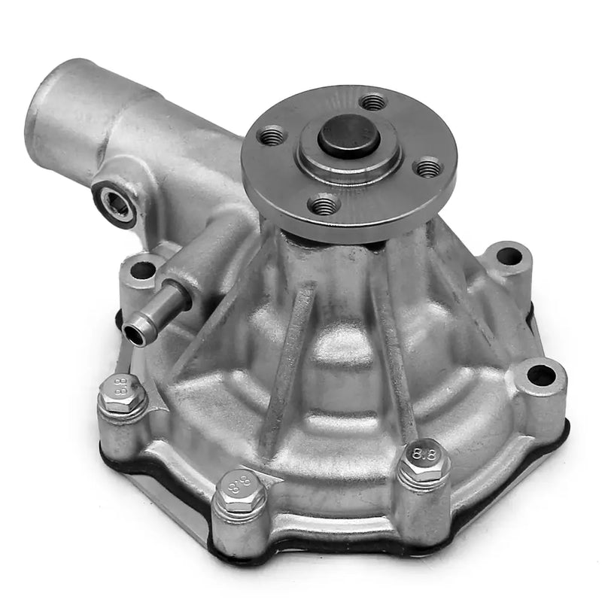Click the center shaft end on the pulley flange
[x=347, y=135]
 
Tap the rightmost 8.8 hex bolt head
[x=422, y=460]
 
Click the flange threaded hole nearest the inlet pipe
[x=272, y=136]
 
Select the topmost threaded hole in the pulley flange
[x=372, y=101]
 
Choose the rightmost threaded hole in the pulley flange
[x=428, y=167]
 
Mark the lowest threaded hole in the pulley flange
[x=325, y=203]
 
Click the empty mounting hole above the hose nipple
[x=142, y=268]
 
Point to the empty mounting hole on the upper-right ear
[x=509, y=256]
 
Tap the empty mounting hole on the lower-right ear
[x=540, y=373]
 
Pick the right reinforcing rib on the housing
[x=395, y=354]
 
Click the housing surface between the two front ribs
[x=342, y=376]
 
